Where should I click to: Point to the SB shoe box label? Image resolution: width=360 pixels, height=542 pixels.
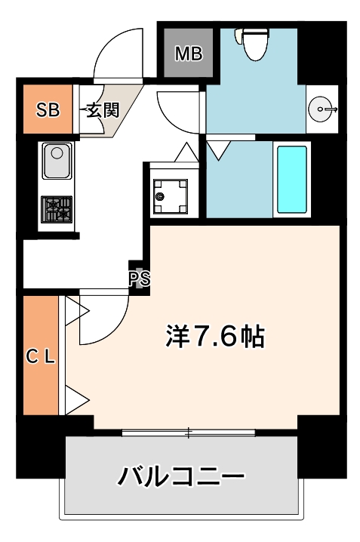point(48,110)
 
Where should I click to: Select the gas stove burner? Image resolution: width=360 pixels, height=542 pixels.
point(57,208)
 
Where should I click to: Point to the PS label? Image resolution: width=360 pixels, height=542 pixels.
point(140,279)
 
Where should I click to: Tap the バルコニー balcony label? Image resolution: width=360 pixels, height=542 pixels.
point(181,476)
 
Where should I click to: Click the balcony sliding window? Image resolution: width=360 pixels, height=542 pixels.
point(189,433)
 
